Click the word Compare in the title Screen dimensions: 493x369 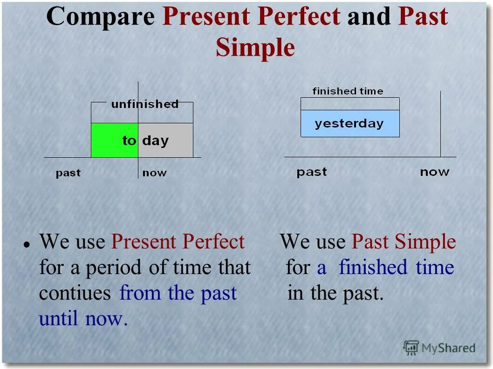coord(100,17)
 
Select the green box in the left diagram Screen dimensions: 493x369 coord(115,140)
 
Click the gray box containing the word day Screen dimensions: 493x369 coord(165,140)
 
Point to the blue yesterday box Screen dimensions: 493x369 coord(350,123)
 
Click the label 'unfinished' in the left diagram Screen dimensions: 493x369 coord(145,104)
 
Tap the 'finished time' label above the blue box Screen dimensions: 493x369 coord(348,91)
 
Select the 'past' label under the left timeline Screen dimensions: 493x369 coord(68,173)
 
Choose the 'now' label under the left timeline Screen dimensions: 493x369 coord(154,173)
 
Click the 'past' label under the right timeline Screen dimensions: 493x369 coord(312,172)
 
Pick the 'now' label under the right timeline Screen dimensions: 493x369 coord(434,172)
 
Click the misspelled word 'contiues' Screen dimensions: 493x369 coord(75,293)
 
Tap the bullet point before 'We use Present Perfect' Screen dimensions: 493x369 coord(27,245)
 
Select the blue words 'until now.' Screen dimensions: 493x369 coord(83,318)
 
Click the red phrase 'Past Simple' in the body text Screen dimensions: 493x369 coord(404,242)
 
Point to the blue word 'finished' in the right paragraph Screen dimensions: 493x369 coord(373,267)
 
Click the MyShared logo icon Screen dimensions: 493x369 coord(411,348)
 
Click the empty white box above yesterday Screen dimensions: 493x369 coord(350,104)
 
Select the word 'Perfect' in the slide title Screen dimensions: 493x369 coord(299,16)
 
